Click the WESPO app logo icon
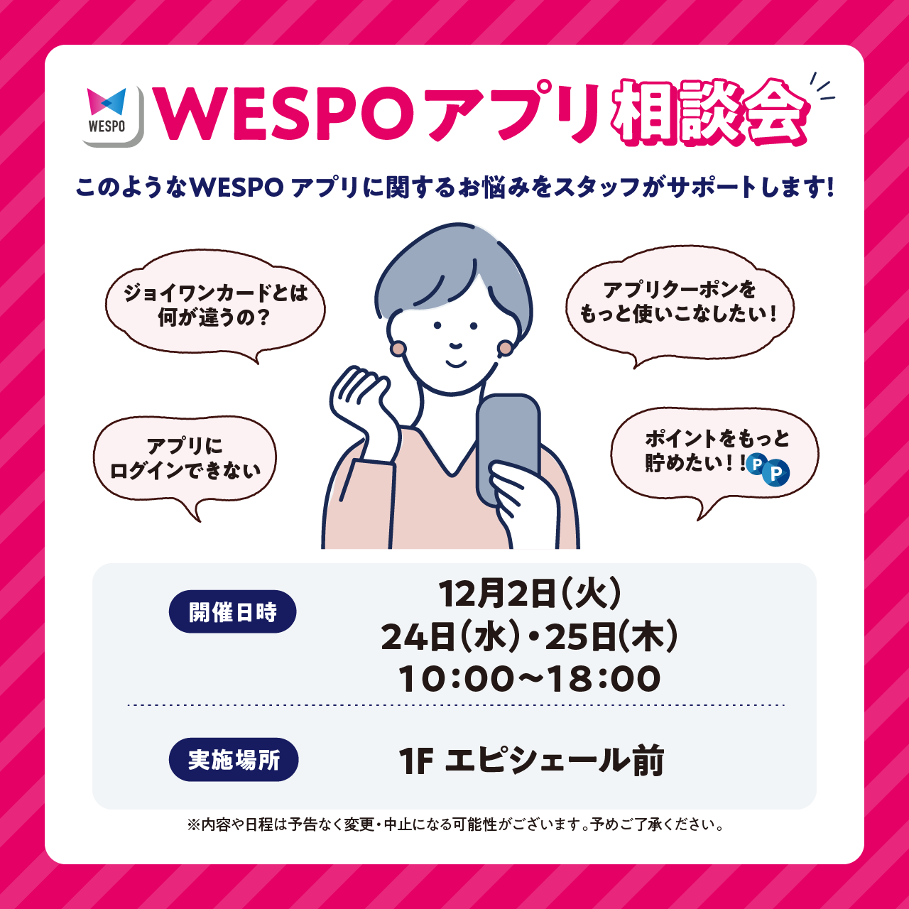[112, 116]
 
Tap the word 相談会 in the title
[711, 114]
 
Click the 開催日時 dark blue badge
[232, 611]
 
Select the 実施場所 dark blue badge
[233, 760]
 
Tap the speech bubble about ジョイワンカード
[215, 305]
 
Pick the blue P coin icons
[768, 469]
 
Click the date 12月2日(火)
[530, 594]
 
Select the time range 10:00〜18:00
[530, 679]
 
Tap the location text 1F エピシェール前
[531, 761]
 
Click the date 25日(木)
[611, 636]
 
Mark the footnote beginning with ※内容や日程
[455, 824]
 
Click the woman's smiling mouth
[455, 361]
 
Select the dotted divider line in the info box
[455, 705]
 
